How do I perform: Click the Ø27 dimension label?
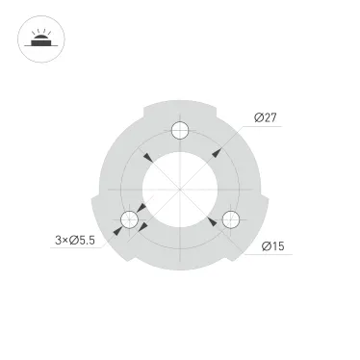(x=267, y=117)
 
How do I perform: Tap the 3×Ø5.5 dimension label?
(x=75, y=241)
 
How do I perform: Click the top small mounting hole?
(x=180, y=132)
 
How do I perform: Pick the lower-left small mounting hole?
(x=128, y=221)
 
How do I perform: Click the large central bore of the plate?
(x=180, y=190)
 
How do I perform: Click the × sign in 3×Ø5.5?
(x=65, y=241)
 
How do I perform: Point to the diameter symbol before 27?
(x=260, y=117)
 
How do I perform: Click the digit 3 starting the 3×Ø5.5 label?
(x=59, y=241)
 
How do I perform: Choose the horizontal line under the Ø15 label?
(x=274, y=255)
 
